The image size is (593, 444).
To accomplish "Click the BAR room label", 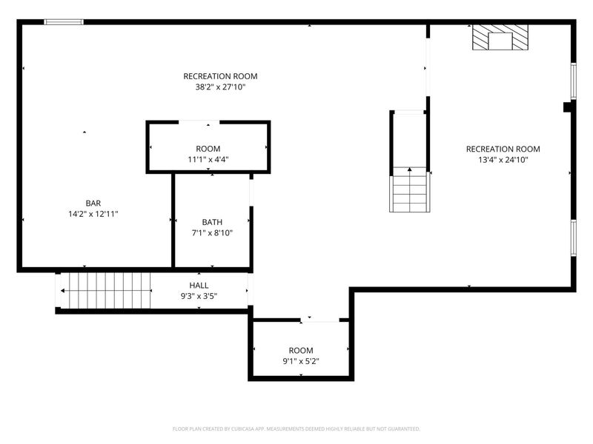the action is click(93, 203).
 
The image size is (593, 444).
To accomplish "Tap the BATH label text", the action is click(212, 222).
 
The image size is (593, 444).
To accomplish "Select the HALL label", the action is click(199, 286).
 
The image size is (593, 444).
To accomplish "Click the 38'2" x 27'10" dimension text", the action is click(220, 87).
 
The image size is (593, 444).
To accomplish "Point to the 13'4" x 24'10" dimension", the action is click(503, 160).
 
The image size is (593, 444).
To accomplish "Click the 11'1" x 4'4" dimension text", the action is click(208, 159).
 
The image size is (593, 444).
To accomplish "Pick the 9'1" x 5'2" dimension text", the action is click(301, 361).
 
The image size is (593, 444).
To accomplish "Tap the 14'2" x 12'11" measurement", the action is click(93, 214).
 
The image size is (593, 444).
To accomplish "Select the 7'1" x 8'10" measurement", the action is click(212, 233).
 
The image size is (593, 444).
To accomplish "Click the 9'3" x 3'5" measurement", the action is click(199, 297).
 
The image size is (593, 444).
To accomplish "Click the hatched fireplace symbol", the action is click(500, 37).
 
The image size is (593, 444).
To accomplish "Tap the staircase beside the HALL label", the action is click(105, 291).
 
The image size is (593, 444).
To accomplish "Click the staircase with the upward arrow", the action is click(410, 189).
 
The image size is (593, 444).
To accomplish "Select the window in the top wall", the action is click(64, 22).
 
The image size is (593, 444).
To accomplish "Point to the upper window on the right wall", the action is click(573, 81).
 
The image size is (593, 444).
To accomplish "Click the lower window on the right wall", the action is click(573, 238).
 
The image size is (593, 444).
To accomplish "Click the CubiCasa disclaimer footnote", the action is click(296, 429).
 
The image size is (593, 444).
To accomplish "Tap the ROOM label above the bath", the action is click(208, 149).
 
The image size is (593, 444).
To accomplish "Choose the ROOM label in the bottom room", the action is click(301, 350).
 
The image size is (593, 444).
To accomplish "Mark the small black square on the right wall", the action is click(568, 107).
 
